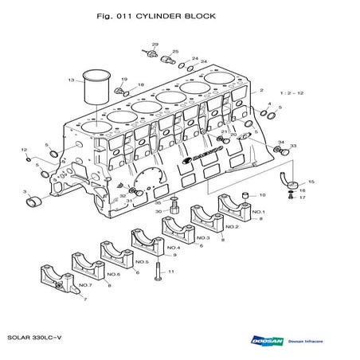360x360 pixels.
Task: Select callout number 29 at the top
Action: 155,45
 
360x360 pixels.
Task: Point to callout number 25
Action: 175,51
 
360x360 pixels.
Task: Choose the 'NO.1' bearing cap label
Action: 257,212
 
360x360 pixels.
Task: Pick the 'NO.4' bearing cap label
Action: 173,248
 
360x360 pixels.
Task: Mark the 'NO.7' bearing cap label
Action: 84,284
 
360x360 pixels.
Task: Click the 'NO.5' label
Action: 142,261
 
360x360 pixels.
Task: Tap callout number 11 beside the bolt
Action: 171,272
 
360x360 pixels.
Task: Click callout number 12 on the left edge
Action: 24,150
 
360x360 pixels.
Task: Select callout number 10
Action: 262,194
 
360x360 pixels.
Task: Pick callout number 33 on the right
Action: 292,147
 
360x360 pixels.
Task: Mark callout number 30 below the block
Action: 158,211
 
